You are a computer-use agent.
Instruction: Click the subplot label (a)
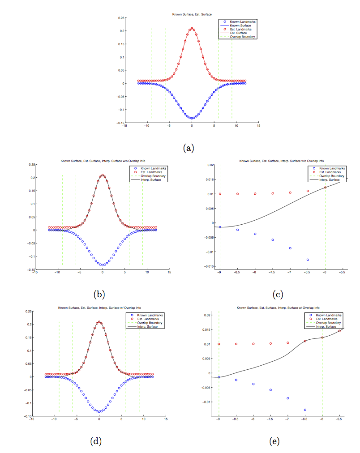(188, 148)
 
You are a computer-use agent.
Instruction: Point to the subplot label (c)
(278, 294)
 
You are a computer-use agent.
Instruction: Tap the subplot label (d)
(96, 441)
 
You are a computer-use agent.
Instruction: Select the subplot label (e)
(274, 441)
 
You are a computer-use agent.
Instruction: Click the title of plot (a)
(192, 15)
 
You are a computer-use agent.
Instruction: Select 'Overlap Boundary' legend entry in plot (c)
(328, 176)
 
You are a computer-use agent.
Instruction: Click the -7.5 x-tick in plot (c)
(272, 272)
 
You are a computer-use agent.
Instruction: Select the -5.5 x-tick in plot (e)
(339, 420)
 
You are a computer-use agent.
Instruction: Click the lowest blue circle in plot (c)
(308, 260)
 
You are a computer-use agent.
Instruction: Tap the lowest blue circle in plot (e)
(305, 410)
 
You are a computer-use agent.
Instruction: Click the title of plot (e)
(278, 308)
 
